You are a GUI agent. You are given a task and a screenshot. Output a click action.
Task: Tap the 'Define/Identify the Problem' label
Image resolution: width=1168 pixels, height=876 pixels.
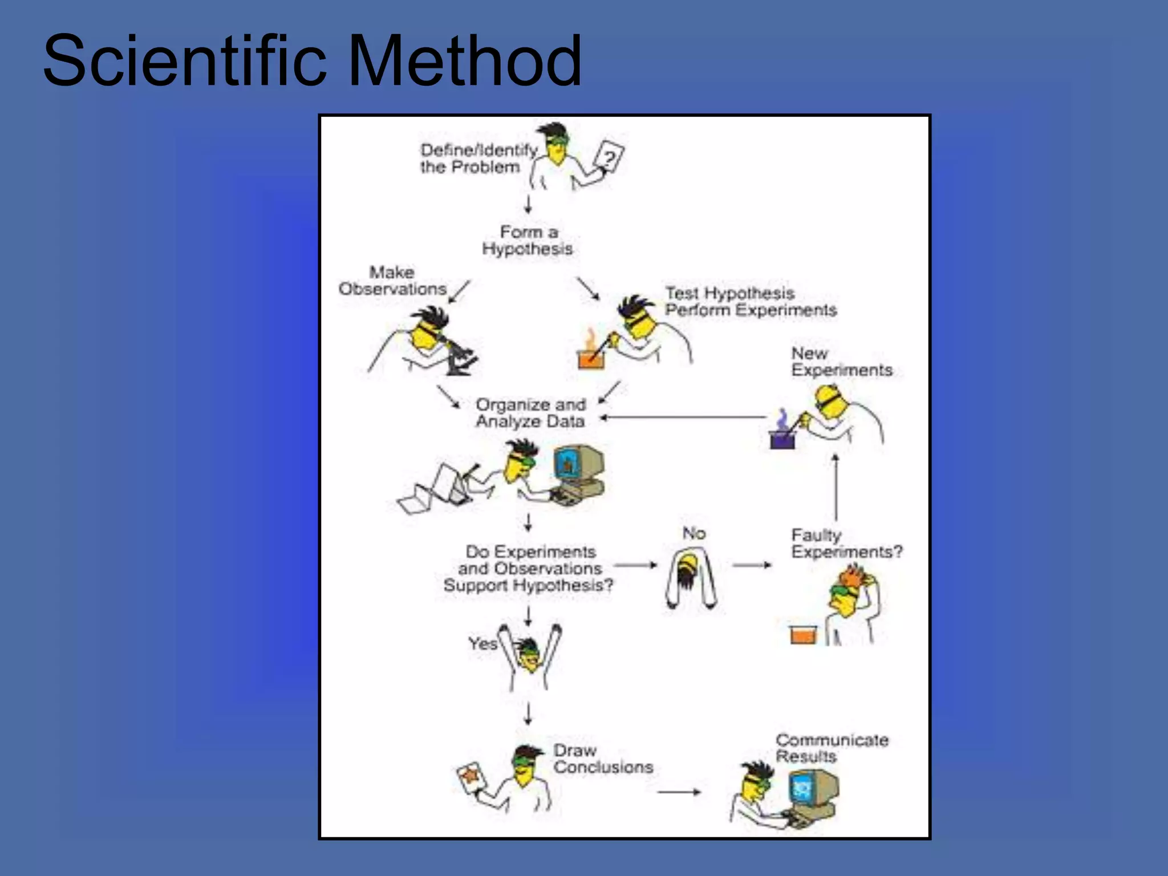478,159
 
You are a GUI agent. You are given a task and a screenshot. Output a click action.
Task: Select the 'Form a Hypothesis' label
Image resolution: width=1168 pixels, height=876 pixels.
528,240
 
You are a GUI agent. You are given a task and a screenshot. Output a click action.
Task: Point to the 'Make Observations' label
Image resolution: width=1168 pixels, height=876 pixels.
392,281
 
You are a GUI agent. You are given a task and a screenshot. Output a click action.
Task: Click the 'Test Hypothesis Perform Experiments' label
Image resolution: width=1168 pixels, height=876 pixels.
750,302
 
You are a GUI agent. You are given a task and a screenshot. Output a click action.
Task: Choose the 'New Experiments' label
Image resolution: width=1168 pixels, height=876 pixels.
841,362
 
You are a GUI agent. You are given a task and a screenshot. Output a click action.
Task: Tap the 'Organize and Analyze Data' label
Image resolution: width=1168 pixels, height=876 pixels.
530,413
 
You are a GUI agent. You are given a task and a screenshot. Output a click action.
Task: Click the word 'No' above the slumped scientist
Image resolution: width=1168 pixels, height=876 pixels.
694,533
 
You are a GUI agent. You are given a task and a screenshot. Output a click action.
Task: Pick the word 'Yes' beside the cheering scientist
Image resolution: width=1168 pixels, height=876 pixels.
482,643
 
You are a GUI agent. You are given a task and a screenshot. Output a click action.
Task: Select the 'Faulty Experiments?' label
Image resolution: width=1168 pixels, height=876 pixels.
846,544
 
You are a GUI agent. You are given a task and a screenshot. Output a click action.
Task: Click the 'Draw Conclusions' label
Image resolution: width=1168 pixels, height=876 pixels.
603,759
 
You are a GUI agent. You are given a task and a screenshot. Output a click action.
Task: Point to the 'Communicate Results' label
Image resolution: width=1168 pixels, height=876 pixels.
832,748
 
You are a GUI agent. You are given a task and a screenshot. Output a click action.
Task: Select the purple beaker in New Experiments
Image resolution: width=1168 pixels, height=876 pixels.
782,439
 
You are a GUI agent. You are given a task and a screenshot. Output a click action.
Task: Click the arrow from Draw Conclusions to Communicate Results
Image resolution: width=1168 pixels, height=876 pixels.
679,792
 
